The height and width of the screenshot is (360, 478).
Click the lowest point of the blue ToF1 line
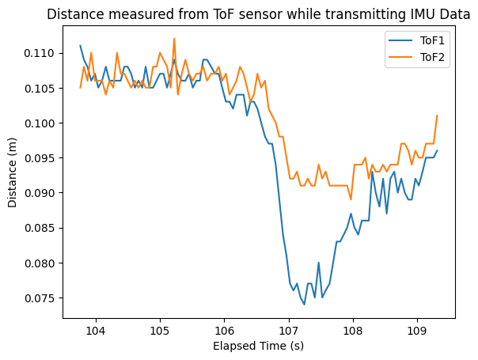[305, 304]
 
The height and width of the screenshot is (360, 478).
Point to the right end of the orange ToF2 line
[437, 116]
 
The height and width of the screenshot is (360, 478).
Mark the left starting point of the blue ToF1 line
[80, 46]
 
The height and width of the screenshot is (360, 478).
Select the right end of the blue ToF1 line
[437, 150]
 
